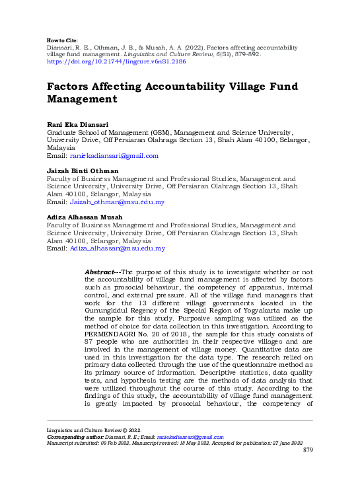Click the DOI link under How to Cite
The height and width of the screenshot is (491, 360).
(x=116, y=61)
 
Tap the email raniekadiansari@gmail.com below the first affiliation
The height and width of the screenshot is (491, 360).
(x=114, y=156)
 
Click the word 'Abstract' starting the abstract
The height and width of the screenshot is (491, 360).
(x=104, y=272)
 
